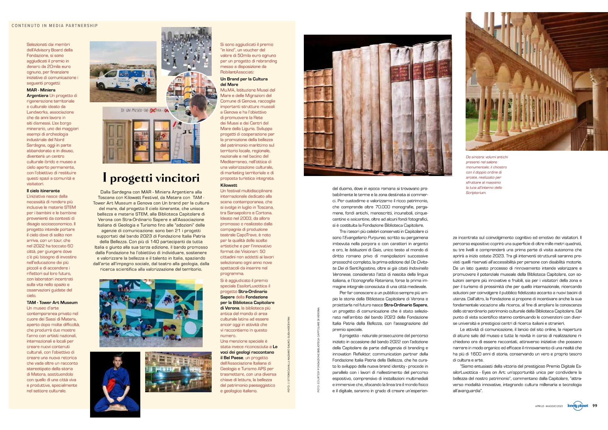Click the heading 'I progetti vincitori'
point(151,178)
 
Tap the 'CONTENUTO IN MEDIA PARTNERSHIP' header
point(55,26)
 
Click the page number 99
point(595,405)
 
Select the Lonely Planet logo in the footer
point(578,406)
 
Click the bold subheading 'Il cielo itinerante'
point(43,191)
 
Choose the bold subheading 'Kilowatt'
point(229,185)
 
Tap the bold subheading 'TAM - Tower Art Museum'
point(52,302)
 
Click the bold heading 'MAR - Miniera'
point(41,90)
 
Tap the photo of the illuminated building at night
point(178,372)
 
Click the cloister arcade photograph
point(536,81)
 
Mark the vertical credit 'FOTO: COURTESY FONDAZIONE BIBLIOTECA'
point(318,350)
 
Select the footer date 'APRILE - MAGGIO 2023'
point(549,406)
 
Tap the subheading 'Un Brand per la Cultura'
point(244,79)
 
